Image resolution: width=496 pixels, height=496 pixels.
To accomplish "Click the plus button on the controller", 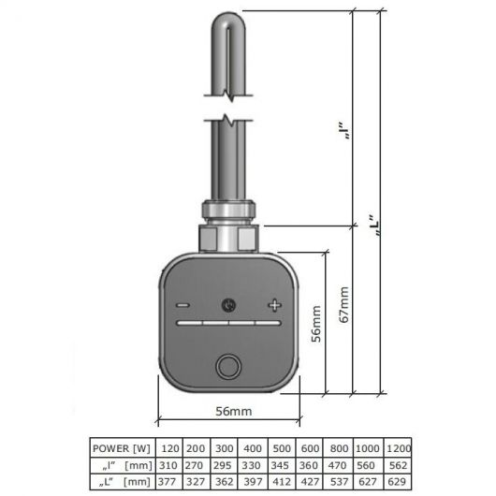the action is [x=274, y=305].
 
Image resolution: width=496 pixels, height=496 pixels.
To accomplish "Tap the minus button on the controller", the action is [x=182, y=305].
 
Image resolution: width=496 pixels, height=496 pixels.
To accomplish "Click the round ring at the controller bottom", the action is [x=228, y=367].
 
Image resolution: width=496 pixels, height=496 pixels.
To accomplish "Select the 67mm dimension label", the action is [x=343, y=305].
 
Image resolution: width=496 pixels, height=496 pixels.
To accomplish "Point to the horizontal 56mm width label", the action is [x=234, y=411].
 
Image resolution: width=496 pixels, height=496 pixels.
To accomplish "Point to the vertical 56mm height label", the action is [x=316, y=324].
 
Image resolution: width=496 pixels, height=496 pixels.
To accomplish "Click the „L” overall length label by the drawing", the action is [x=374, y=226].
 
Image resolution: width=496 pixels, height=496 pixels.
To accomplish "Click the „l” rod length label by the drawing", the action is [x=344, y=130].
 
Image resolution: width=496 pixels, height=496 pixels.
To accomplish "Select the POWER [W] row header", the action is [x=121, y=448].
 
